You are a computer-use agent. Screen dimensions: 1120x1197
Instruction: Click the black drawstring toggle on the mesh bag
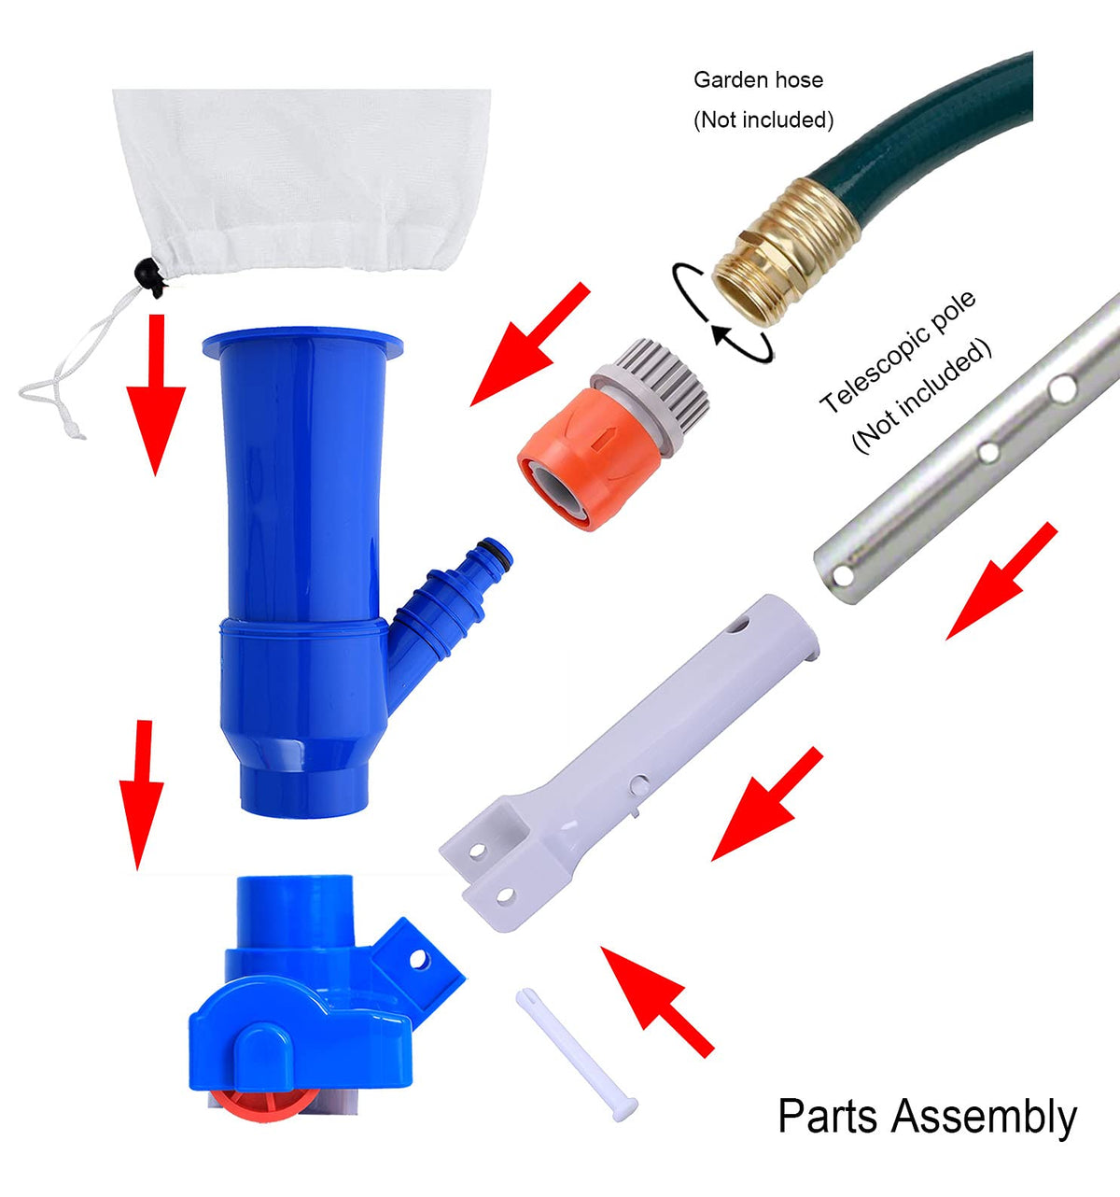150,276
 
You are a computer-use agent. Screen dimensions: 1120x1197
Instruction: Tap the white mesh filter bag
301,181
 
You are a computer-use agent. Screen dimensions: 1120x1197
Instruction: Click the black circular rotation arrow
723,314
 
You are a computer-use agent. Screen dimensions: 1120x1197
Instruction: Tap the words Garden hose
758,80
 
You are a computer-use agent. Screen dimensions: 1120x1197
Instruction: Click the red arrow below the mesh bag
156,395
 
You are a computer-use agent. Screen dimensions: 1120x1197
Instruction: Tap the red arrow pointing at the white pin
657,1002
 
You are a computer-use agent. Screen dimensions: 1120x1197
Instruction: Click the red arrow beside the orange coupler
530,344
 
